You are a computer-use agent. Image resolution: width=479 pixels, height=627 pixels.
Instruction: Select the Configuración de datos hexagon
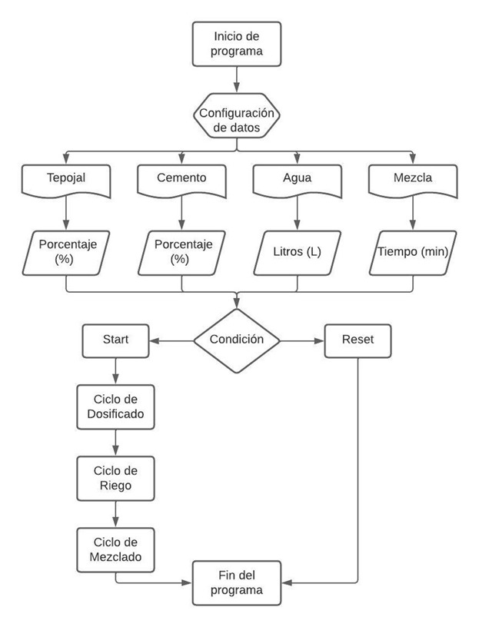235,121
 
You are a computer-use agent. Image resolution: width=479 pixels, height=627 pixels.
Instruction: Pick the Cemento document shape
181,177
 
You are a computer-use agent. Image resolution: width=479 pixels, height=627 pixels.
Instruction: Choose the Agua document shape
297,177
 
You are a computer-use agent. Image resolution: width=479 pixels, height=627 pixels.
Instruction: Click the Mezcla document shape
413,177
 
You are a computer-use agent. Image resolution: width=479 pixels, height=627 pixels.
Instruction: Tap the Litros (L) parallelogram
297,252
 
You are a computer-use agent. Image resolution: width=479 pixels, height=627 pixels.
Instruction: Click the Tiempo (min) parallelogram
413,252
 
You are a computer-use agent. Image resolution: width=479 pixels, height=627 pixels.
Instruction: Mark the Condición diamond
237,339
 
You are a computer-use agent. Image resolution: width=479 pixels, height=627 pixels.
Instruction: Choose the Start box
115,339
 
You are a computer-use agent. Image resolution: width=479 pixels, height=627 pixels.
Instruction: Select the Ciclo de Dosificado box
115,409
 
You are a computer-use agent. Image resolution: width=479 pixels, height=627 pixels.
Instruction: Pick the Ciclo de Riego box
115,479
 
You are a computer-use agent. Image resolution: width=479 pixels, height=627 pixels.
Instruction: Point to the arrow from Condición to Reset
302,339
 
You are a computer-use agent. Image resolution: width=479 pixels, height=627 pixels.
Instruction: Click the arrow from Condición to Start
171,339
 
